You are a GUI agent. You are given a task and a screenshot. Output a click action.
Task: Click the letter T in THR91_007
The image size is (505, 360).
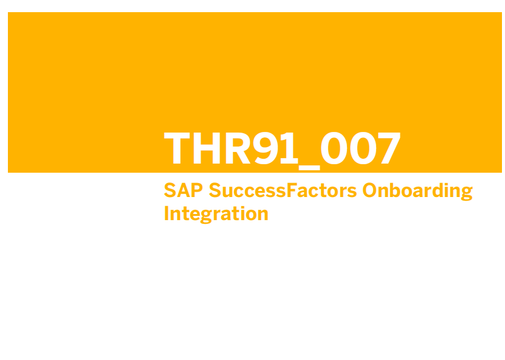click(177, 148)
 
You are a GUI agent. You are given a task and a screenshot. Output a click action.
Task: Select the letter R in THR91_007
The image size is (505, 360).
click(238, 148)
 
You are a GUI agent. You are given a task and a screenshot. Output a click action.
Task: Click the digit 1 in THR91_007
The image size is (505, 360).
click(289, 148)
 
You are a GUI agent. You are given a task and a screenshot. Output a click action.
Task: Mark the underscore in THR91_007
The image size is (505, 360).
click(309, 168)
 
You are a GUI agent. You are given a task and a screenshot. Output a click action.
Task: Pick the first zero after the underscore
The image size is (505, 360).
click(334, 148)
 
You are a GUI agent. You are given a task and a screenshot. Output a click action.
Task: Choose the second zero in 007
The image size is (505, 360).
click(363, 148)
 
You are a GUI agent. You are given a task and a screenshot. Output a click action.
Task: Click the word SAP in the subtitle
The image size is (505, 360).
click(184, 190)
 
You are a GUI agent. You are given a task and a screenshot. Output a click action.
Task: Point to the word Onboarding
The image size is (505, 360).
click(417, 192)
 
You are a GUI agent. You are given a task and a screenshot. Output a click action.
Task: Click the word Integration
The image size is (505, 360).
click(216, 214)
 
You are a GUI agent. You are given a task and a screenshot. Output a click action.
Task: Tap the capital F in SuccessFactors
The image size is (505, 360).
click(292, 190)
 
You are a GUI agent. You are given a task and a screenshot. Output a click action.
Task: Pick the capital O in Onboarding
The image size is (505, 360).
click(369, 190)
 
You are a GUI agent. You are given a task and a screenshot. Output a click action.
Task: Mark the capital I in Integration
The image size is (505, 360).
click(167, 213)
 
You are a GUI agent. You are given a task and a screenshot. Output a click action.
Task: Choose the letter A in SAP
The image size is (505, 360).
click(184, 190)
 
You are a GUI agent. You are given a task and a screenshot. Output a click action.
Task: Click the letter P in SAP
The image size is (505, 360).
click(197, 190)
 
